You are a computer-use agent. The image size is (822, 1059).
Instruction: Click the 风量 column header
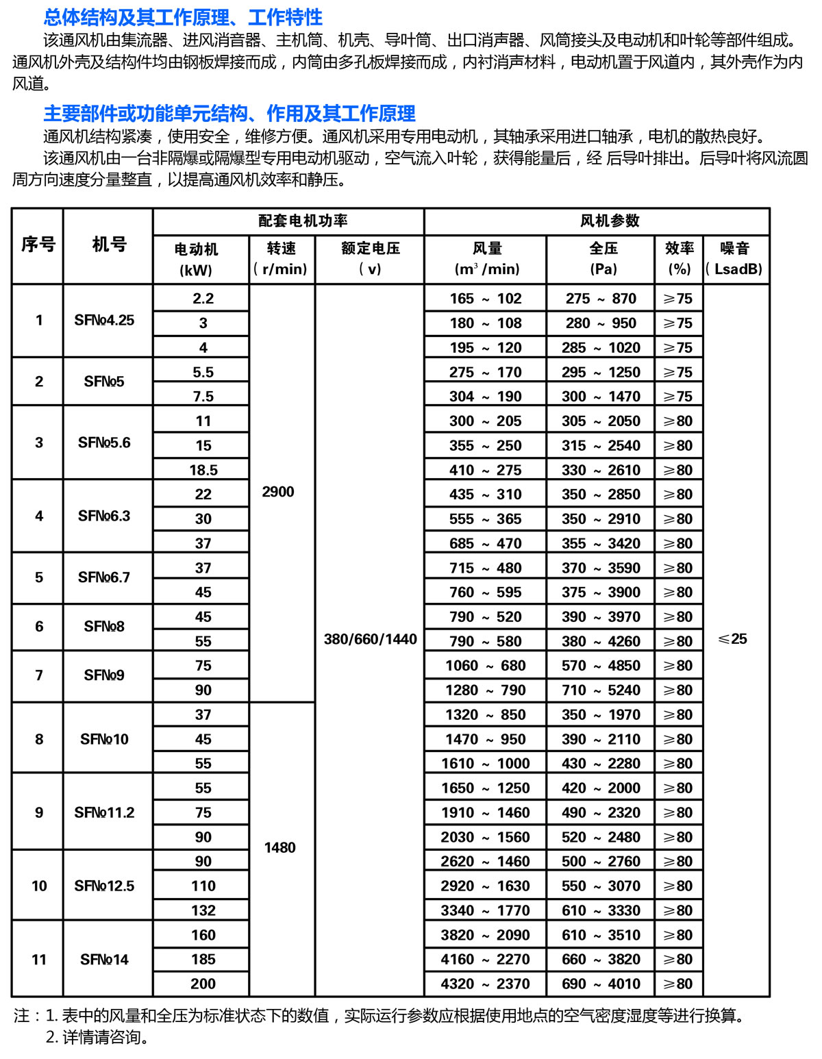[x=486, y=258]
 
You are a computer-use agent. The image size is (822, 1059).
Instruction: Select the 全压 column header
[x=603, y=258]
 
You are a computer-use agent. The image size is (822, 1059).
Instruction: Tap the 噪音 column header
[x=734, y=258]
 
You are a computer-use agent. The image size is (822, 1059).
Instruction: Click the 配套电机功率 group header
[x=303, y=221]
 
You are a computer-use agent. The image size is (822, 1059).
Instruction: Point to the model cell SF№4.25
[x=104, y=320]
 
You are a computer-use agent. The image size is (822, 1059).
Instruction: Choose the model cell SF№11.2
[x=104, y=812]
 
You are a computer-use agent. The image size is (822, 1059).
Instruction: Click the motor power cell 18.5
[x=203, y=470]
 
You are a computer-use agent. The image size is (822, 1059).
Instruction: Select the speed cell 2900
[x=278, y=492]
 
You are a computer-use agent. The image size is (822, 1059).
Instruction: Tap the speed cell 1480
[x=280, y=847]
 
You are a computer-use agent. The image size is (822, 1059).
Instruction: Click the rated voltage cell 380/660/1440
[x=370, y=639]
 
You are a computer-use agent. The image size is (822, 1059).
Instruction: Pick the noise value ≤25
[x=732, y=639]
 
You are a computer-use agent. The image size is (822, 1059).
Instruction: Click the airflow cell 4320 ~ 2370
[x=485, y=984]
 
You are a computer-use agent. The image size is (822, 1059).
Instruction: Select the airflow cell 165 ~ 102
[x=485, y=299]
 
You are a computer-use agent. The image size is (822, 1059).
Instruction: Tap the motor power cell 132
[x=203, y=910]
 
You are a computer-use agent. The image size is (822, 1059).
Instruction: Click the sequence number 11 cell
[x=39, y=959]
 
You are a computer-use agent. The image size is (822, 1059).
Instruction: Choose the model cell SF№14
[x=104, y=959]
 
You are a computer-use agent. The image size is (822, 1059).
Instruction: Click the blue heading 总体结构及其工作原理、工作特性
[x=183, y=17]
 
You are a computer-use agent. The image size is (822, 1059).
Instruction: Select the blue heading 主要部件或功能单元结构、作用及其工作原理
[x=229, y=113]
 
